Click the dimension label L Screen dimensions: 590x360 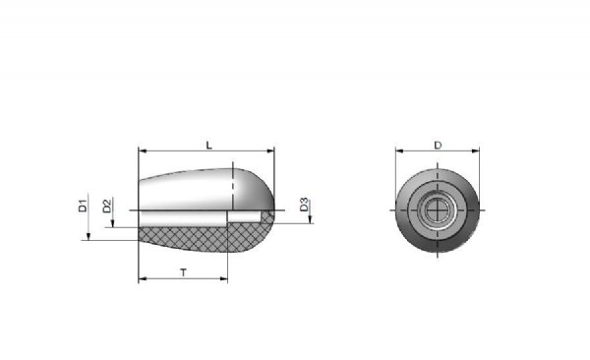click(209, 145)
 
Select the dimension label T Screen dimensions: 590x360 click(183, 272)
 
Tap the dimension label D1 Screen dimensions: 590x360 click(83, 206)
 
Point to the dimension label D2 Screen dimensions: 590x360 click(107, 206)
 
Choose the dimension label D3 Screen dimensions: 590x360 click(304, 205)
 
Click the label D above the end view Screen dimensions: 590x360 click(438, 145)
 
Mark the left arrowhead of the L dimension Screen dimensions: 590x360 click(143, 151)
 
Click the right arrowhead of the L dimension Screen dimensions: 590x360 click(270, 151)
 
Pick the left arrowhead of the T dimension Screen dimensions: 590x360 click(143, 279)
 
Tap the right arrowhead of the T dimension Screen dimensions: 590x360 click(224, 279)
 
